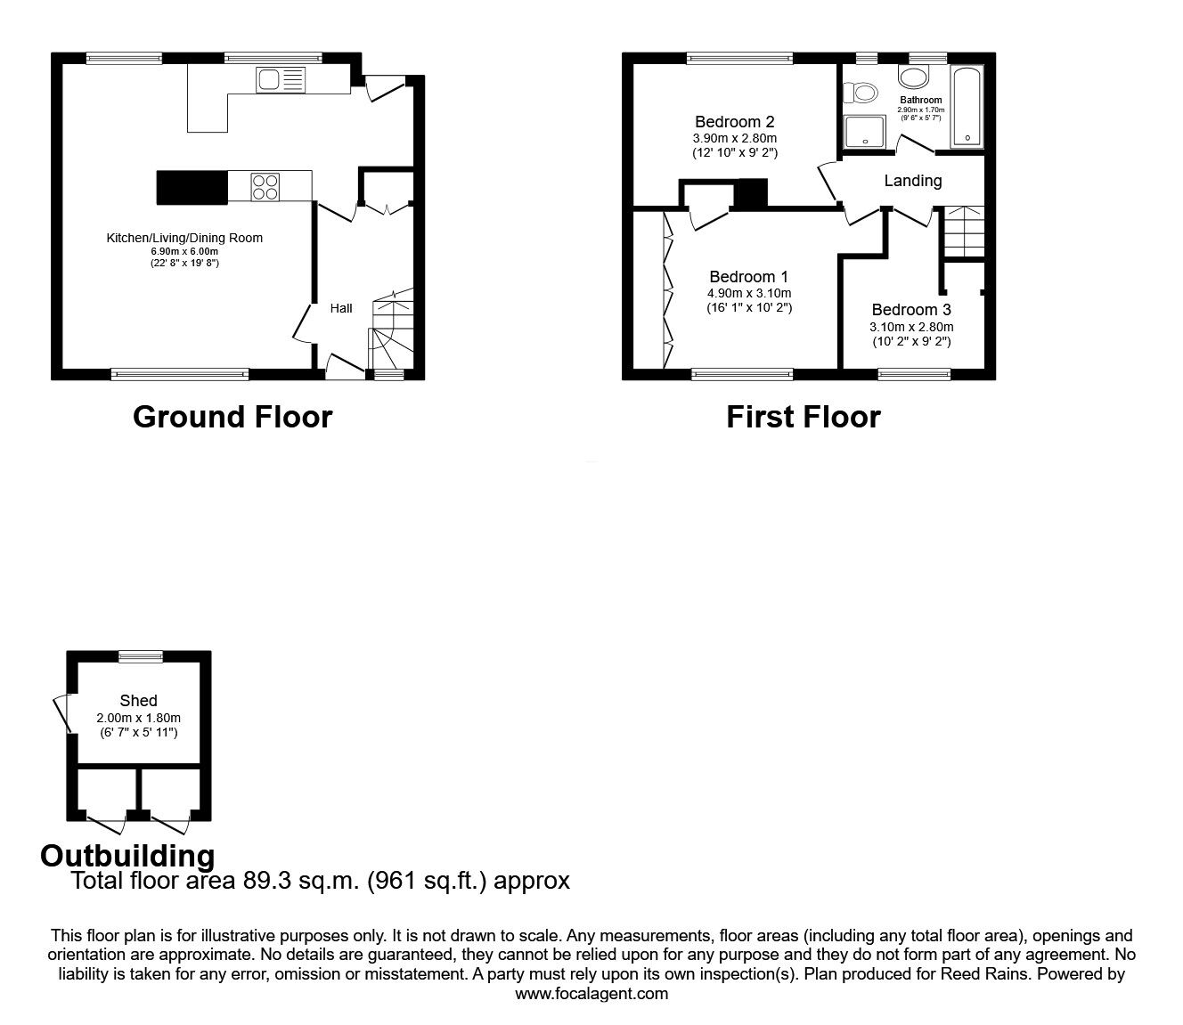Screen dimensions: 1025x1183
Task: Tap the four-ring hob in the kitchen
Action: tap(265, 186)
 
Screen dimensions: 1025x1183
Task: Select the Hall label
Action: tap(341, 308)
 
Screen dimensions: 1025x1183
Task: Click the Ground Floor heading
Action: tap(233, 417)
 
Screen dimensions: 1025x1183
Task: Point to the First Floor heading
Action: tap(803, 417)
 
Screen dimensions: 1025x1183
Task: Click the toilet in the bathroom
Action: tap(862, 92)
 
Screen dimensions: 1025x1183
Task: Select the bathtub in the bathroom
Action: tap(967, 107)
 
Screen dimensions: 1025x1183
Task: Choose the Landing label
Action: tap(912, 181)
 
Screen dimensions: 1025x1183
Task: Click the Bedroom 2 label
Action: tap(734, 122)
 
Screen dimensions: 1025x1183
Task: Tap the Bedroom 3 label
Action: tap(911, 310)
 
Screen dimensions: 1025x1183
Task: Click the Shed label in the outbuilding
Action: tap(138, 701)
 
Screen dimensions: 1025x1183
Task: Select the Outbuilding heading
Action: tap(127, 856)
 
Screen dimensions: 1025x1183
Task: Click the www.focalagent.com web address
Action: tap(591, 993)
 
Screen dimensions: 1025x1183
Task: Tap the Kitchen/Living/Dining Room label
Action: tap(184, 238)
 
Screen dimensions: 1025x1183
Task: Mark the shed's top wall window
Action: tap(141, 656)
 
